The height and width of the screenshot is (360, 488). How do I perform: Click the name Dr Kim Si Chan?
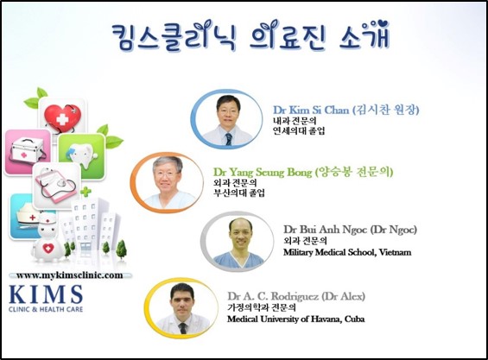click(x=311, y=111)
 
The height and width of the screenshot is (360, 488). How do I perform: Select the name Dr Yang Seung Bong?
click(x=263, y=172)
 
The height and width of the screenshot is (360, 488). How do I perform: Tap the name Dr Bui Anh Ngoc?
click(x=326, y=230)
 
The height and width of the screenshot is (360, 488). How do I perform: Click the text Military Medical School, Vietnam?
click(x=347, y=252)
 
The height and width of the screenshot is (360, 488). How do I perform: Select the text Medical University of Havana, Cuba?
click(x=295, y=319)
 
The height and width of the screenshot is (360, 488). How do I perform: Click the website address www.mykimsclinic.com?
click(x=70, y=275)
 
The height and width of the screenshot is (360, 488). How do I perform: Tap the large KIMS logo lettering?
click(x=46, y=294)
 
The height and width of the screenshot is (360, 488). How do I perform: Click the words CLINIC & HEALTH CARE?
click(x=46, y=309)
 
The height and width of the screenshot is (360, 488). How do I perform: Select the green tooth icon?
click(x=81, y=156)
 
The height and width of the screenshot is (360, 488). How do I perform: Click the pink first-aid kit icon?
click(x=28, y=152)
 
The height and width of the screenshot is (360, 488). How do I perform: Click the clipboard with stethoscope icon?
click(x=56, y=186)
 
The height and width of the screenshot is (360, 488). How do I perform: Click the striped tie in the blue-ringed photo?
click(x=228, y=139)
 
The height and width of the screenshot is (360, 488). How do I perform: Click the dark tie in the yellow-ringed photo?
click(x=183, y=328)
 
